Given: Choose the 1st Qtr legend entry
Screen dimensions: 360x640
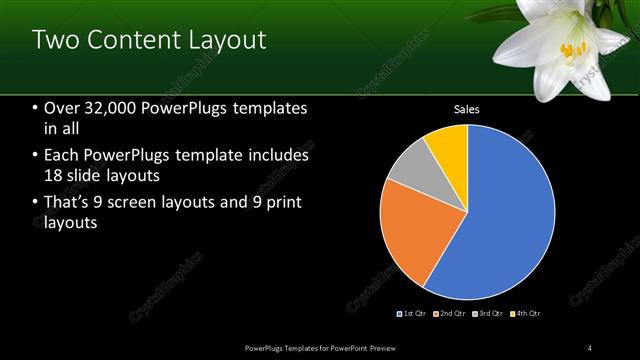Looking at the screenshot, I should pos(415,314).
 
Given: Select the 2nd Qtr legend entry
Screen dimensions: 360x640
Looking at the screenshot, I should pos(451,314).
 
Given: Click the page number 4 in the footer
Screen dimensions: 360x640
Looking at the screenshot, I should pos(589,347).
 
